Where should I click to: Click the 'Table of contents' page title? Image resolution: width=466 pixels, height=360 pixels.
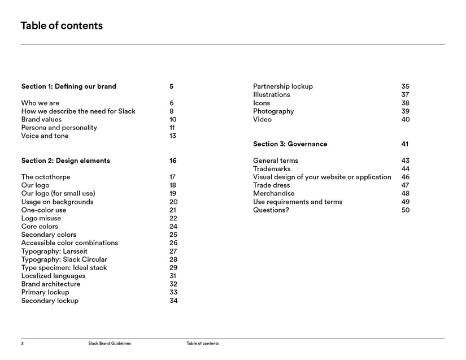click(62, 25)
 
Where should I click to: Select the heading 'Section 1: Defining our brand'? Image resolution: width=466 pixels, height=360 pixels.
click(68, 86)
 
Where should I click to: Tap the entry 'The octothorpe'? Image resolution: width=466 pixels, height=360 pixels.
click(46, 177)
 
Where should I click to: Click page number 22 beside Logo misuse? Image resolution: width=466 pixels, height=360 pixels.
click(173, 218)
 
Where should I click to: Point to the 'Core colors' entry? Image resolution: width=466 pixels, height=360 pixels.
click(40, 227)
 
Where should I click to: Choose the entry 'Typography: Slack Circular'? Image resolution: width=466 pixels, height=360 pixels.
click(64, 259)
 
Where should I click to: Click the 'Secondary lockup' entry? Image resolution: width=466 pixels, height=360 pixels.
click(50, 301)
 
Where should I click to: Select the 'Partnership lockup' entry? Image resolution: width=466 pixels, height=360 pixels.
click(282, 86)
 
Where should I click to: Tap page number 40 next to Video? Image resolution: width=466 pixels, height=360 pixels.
click(405, 119)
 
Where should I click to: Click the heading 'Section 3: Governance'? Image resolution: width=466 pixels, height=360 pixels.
click(290, 144)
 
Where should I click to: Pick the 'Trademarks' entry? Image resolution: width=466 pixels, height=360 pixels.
click(272, 169)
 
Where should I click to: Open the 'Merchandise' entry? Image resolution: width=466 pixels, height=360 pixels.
click(273, 193)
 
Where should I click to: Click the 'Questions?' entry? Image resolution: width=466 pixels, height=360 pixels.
click(271, 210)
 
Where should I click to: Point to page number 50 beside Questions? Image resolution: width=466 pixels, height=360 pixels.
click(405, 210)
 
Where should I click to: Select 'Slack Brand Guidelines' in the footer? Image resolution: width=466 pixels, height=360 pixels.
click(110, 344)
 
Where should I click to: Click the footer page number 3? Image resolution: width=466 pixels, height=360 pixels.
click(23, 344)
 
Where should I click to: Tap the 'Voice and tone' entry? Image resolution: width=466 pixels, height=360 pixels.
click(45, 136)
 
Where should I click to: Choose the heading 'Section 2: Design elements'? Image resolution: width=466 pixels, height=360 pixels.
click(66, 161)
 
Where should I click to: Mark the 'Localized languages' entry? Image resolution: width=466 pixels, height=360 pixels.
click(53, 276)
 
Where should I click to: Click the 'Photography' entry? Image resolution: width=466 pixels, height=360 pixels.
click(273, 111)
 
